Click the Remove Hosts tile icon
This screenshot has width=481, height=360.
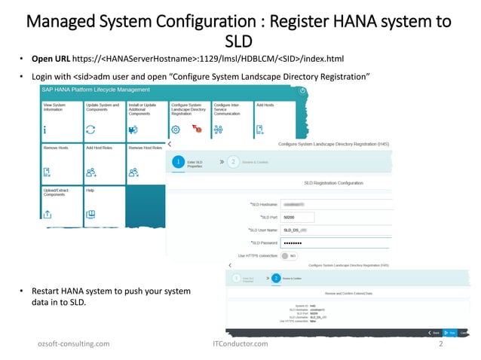[x=47, y=172]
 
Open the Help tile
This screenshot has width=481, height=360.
[x=103, y=203]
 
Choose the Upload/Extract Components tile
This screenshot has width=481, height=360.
[x=60, y=203]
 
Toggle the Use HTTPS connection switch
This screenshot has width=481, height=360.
[x=287, y=255]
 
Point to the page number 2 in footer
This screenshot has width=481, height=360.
[x=440, y=343]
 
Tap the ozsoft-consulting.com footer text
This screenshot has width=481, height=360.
[x=73, y=343]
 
